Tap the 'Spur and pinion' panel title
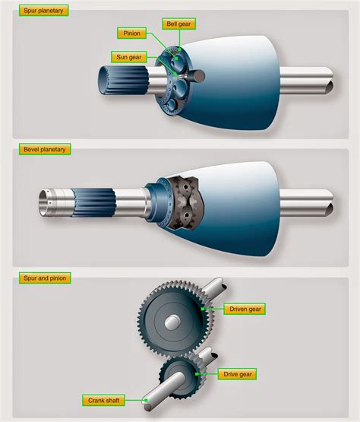pyautogui.click(x=45, y=279)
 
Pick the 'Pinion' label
pyautogui.click(x=130, y=33)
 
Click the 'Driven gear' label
pyautogui.click(x=245, y=309)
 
